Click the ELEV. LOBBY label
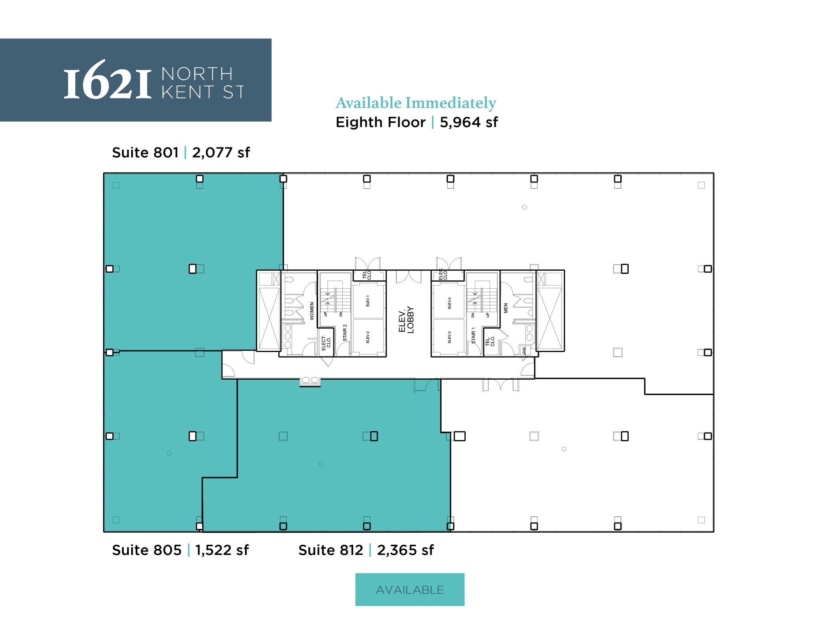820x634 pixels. pyautogui.click(x=406, y=320)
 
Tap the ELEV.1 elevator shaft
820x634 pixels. pyautogui.click(x=368, y=301)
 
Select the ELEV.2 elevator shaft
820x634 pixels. pyautogui.click(x=368, y=337)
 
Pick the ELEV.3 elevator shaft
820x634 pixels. pyautogui.click(x=449, y=337)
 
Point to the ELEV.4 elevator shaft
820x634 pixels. pyautogui.click(x=449, y=302)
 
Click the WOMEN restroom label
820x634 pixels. pyautogui.click(x=312, y=311)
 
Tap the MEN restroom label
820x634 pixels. pyautogui.click(x=506, y=308)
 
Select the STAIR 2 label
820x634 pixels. pyautogui.click(x=345, y=333)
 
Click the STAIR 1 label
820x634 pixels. pyautogui.click(x=473, y=336)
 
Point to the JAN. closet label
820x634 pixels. pyautogui.click(x=524, y=351)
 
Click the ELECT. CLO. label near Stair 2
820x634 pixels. pyautogui.click(x=326, y=343)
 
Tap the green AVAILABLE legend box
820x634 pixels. pyautogui.click(x=410, y=589)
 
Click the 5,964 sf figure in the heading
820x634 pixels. pyautogui.click(x=468, y=122)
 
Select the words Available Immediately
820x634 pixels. pyautogui.click(x=416, y=103)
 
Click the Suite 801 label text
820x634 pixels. pyautogui.click(x=145, y=153)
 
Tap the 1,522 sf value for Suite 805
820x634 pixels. pyautogui.click(x=222, y=550)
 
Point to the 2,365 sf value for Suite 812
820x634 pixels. pyautogui.click(x=405, y=550)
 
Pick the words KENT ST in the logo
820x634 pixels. pyautogui.click(x=203, y=93)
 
